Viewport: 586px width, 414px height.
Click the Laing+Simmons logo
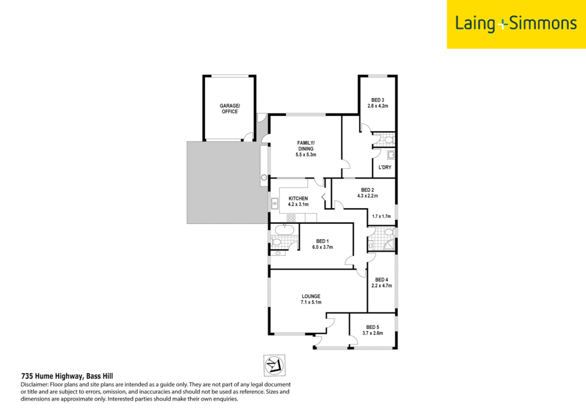click(515, 24)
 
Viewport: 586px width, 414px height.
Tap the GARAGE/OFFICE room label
click(230, 108)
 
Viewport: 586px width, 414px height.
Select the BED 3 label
click(378, 100)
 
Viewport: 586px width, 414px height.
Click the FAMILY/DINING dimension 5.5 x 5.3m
click(306, 155)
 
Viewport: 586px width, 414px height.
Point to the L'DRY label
click(385, 168)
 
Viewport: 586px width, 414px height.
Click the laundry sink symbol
click(391, 155)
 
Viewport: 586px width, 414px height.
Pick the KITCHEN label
click(298, 199)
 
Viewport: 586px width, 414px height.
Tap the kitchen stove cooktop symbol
click(291, 218)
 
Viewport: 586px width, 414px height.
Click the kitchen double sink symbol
click(275, 204)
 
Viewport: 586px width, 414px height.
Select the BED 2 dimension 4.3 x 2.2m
click(368, 196)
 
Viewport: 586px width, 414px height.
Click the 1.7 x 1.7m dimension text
click(381, 217)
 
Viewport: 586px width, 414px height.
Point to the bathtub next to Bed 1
click(284, 230)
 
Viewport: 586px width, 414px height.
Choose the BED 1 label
click(322, 242)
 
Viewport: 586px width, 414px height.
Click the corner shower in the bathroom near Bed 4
click(389, 245)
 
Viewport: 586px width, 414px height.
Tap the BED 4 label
click(381, 280)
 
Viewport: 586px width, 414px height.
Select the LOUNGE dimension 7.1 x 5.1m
click(311, 302)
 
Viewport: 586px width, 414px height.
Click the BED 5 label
click(373, 327)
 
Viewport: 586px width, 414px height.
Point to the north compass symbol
click(274, 365)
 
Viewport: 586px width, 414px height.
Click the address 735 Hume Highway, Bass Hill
click(67, 376)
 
